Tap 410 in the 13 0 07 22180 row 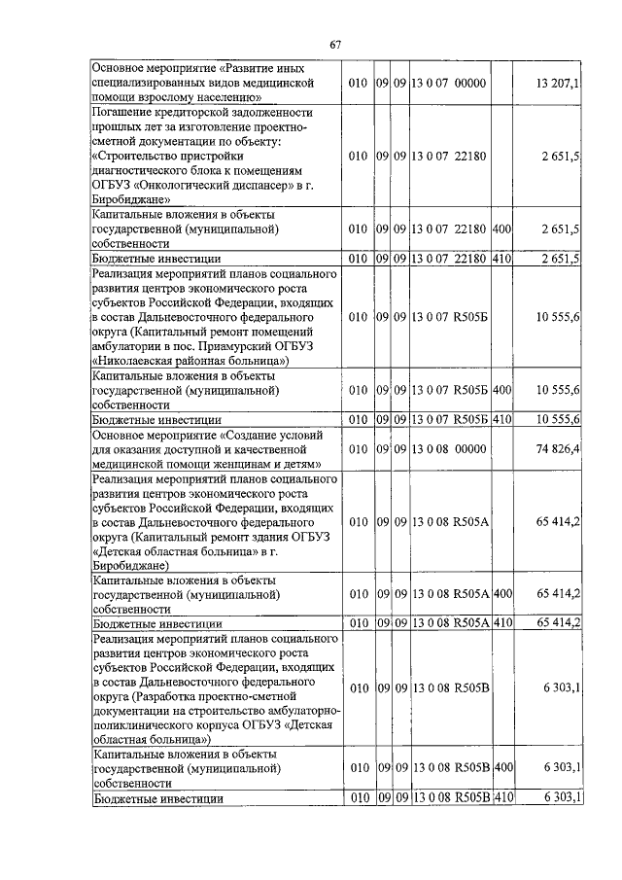(502, 259)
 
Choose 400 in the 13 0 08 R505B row (502, 768)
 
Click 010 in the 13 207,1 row (358, 85)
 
